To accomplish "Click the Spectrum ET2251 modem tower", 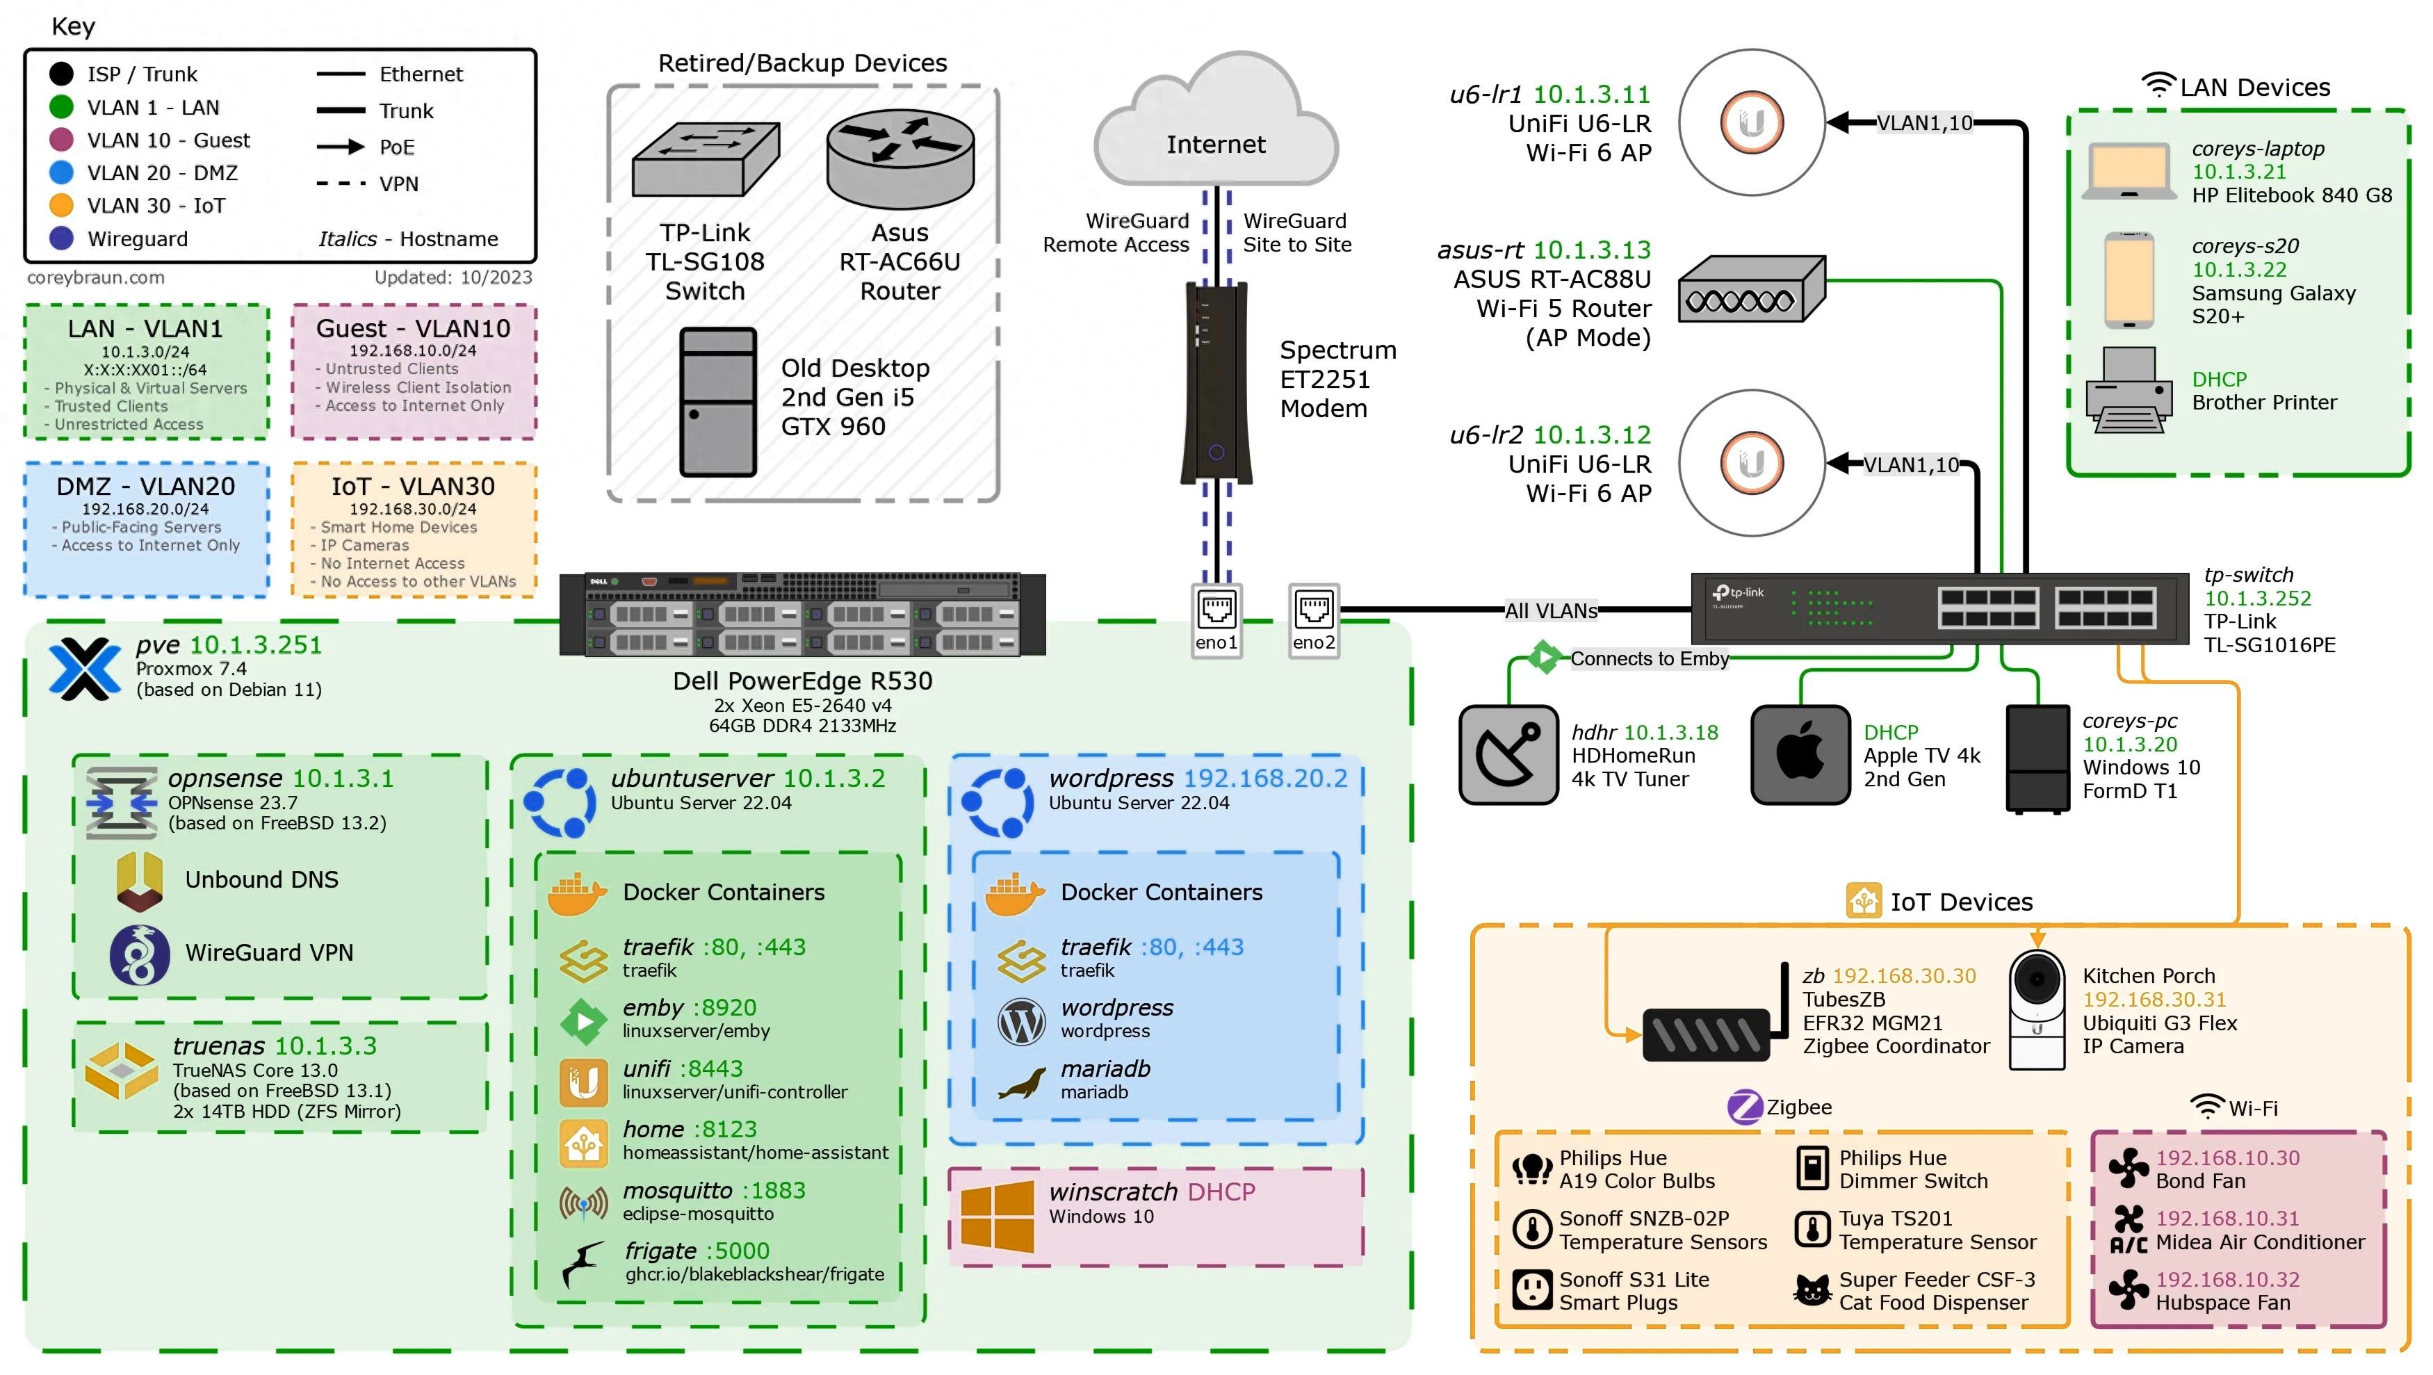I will (1216, 382).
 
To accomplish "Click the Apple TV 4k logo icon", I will (1800, 754).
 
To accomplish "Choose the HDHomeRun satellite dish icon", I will (1508, 754).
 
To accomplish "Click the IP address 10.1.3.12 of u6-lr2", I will (1591, 434).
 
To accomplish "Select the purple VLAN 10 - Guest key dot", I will (61, 140).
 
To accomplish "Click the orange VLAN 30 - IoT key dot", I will (61, 205).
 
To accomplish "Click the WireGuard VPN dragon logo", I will (140, 954).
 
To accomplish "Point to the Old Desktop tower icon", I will (718, 401).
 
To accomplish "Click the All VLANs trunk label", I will (1551, 611).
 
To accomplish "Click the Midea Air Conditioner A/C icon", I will (2129, 1230).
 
